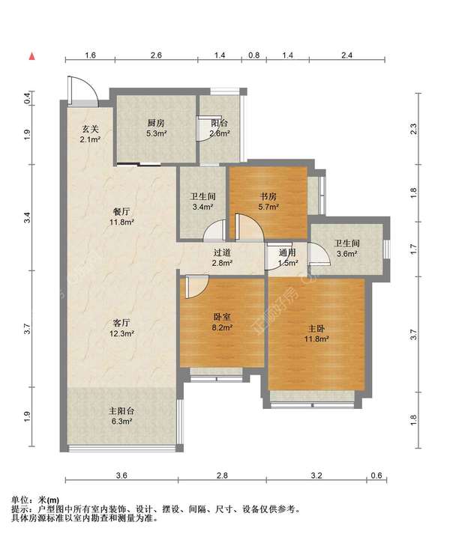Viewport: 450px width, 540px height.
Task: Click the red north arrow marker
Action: [32, 56]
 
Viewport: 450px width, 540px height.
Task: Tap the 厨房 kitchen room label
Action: [156, 123]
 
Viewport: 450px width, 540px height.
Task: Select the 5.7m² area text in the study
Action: [268, 207]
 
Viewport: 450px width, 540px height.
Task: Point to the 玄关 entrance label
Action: [90, 129]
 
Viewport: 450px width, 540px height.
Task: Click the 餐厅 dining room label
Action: [121, 211]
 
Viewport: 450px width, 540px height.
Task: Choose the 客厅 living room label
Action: [121, 323]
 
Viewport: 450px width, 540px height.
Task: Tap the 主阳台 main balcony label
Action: [121, 411]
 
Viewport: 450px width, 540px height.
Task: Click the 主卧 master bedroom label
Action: [316, 329]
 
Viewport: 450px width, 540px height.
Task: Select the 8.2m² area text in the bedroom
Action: [222, 327]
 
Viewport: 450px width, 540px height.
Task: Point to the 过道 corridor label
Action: [222, 252]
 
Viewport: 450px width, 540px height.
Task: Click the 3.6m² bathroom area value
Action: [346, 254]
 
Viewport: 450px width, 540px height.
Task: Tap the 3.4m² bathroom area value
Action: [202, 207]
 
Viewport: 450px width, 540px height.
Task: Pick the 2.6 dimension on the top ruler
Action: [156, 55]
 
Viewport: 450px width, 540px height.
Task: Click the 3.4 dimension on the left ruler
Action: [28, 217]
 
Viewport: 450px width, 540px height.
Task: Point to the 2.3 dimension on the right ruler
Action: [413, 129]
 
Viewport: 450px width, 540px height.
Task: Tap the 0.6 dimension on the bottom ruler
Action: [376, 476]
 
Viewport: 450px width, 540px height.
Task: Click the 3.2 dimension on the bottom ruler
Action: [316, 476]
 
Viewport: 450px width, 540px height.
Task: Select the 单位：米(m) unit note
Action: [35, 500]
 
